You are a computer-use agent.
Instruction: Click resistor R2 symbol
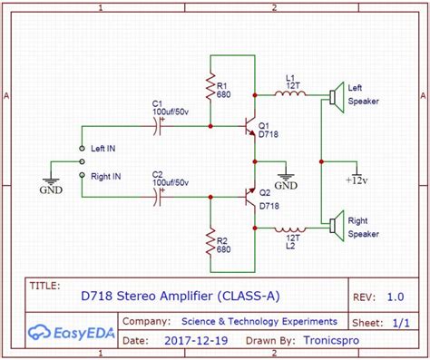(210, 242)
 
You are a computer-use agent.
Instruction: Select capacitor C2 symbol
(161, 196)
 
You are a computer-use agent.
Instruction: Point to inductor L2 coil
(289, 229)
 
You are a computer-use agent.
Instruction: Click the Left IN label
(109, 146)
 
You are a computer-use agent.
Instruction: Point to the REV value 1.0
(396, 296)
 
